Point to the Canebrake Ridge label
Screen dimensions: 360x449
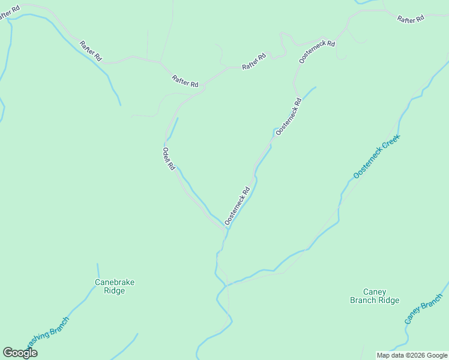coord(114,286)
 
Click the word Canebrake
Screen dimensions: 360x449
coord(114,282)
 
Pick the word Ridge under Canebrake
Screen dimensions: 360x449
coord(114,291)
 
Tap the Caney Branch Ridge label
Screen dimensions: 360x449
coord(375,296)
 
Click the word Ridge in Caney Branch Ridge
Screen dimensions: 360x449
coord(387,301)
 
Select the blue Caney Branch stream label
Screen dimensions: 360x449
coord(423,310)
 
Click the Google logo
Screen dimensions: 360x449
coord(20,353)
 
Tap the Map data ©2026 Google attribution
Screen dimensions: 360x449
coord(412,355)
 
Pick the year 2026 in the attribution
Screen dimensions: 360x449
coord(419,355)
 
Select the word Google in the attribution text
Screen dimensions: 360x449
coord(437,355)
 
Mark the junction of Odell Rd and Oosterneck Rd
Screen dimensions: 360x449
coord(225,229)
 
